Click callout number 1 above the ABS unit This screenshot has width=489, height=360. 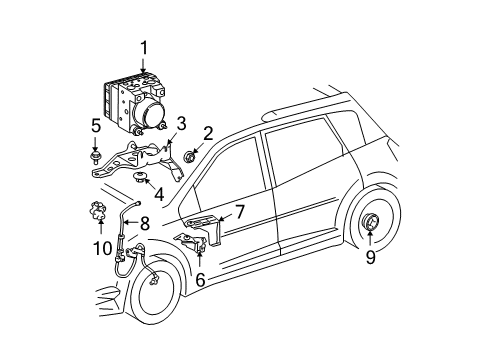click(143, 46)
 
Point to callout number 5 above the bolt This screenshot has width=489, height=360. click(96, 126)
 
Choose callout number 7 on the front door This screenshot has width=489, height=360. click(239, 212)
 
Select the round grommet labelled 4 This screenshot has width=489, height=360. click(140, 179)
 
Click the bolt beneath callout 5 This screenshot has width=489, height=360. click(97, 154)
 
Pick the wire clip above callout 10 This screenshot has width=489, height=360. click(100, 211)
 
